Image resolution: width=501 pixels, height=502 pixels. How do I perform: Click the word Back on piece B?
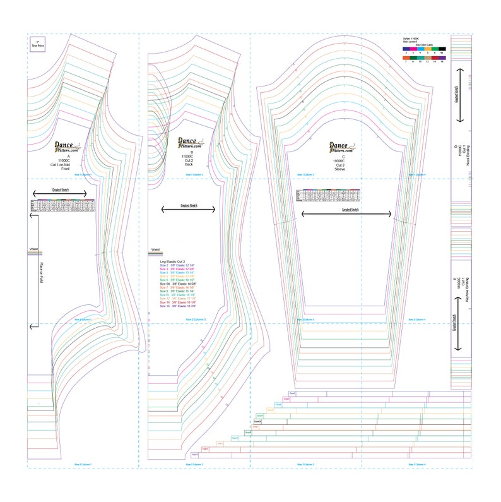click(187, 164)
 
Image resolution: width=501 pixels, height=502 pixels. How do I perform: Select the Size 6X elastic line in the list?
click(179, 284)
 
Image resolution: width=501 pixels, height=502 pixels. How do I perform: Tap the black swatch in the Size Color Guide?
click(443, 49)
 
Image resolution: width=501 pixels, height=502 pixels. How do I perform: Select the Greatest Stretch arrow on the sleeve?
click(346, 214)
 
